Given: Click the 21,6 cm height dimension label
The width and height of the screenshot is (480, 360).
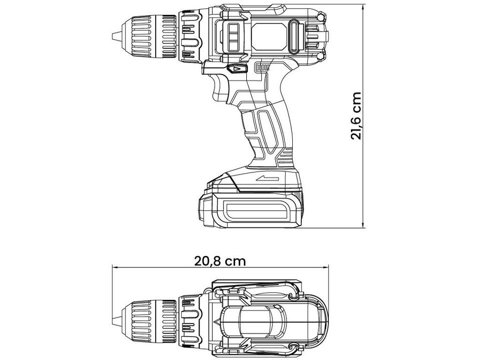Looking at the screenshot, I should [x=356, y=115].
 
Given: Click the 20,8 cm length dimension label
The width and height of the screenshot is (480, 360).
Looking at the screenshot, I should [x=220, y=260].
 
